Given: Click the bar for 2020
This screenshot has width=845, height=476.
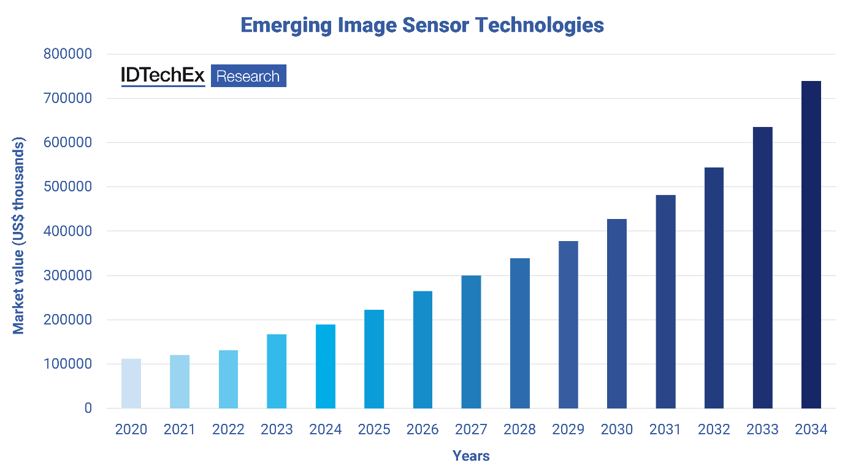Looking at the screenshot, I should pyautogui.click(x=131, y=383).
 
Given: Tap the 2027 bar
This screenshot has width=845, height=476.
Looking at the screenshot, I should pyautogui.click(x=471, y=342).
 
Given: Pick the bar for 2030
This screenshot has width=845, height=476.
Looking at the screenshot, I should pyautogui.click(x=617, y=313).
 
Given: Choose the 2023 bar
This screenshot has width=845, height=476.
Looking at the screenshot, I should pyautogui.click(x=277, y=371).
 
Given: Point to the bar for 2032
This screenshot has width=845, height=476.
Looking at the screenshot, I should pyautogui.click(x=714, y=288).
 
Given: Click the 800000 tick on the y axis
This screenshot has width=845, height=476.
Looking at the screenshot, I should pyautogui.click(x=67, y=54).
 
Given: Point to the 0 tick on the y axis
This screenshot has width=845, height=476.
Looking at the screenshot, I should pyautogui.click(x=88, y=408).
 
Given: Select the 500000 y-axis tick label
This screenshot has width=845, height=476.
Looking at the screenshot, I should pyautogui.click(x=67, y=187).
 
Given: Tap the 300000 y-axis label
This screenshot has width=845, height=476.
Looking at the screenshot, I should pyautogui.click(x=67, y=275).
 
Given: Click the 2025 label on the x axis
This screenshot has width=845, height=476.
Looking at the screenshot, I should pyautogui.click(x=374, y=429).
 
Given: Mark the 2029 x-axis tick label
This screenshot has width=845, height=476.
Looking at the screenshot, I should pyautogui.click(x=568, y=429).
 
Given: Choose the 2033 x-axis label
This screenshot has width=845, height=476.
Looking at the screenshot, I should pyautogui.click(x=762, y=429).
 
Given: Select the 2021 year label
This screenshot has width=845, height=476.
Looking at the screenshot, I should pyautogui.click(x=180, y=429).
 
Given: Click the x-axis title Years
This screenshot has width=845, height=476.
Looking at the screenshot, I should pyautogui.click(x=471, y=456).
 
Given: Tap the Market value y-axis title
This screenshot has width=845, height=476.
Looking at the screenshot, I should pyautogui.click(x=19, y=236).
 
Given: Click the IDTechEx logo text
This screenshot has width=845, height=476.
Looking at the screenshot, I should pyautogui.click(x=163, y=75).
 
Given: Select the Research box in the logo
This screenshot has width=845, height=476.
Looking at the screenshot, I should pyautogui.click(x=248, y=76).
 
